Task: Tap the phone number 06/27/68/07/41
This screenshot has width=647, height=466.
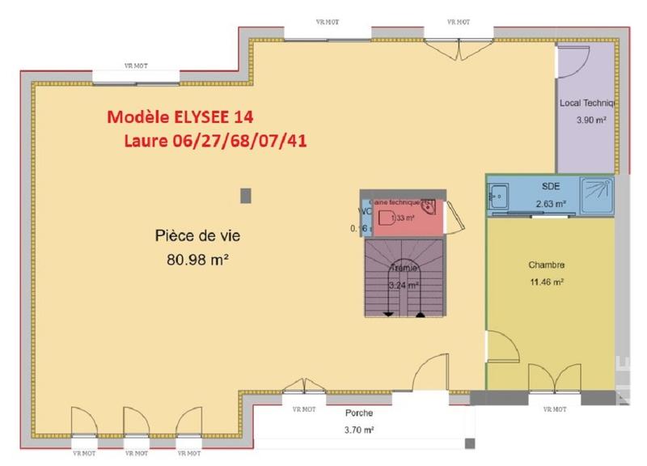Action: tap(242, 141)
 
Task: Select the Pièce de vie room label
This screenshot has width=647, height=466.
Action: tap(197, 236)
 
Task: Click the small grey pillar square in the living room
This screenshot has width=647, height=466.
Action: tap(246, 195)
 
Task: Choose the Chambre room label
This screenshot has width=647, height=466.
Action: tap(546, 265)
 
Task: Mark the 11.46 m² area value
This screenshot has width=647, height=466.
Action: tap(546, 282)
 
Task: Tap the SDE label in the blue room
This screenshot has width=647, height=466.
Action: tap(551, 186)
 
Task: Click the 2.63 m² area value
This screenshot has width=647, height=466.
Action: tap(551, 204)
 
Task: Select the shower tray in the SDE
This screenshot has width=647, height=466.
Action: tap(598, 193)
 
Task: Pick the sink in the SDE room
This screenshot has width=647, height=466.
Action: tap(497, 195)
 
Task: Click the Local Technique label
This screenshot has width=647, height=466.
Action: tap(588, 104)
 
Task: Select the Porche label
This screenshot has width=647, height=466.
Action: tap(358, 413)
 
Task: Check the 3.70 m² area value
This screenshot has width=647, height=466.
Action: tap(358, 430)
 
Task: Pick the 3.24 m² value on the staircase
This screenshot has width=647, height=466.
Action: tap(403, 285)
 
